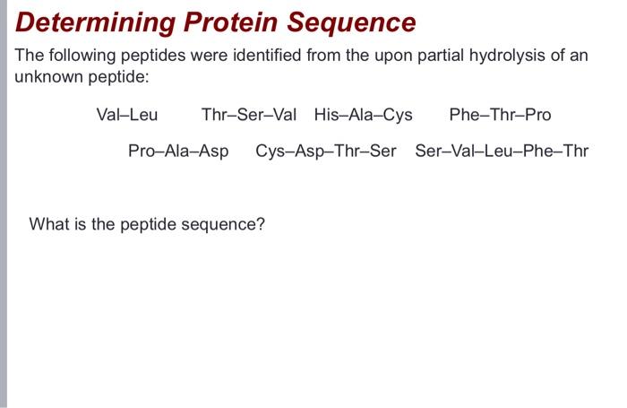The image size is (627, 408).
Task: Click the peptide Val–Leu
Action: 126,115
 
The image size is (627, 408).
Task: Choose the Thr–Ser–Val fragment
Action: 248,115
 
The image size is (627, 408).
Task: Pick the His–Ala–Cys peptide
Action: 363,115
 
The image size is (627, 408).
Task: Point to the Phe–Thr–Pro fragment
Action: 500,115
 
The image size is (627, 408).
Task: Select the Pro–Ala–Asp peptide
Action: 178,151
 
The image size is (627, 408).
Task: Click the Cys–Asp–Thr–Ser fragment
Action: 325,151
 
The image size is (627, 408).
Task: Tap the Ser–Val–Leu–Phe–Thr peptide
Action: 502,151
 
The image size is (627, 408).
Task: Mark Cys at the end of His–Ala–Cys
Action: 398,115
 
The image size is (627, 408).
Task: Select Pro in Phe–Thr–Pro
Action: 537,115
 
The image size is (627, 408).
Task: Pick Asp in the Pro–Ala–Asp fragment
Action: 213,151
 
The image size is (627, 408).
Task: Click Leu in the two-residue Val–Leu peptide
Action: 143,115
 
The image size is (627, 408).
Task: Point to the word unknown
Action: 45,76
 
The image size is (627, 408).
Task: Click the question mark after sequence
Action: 261,223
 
